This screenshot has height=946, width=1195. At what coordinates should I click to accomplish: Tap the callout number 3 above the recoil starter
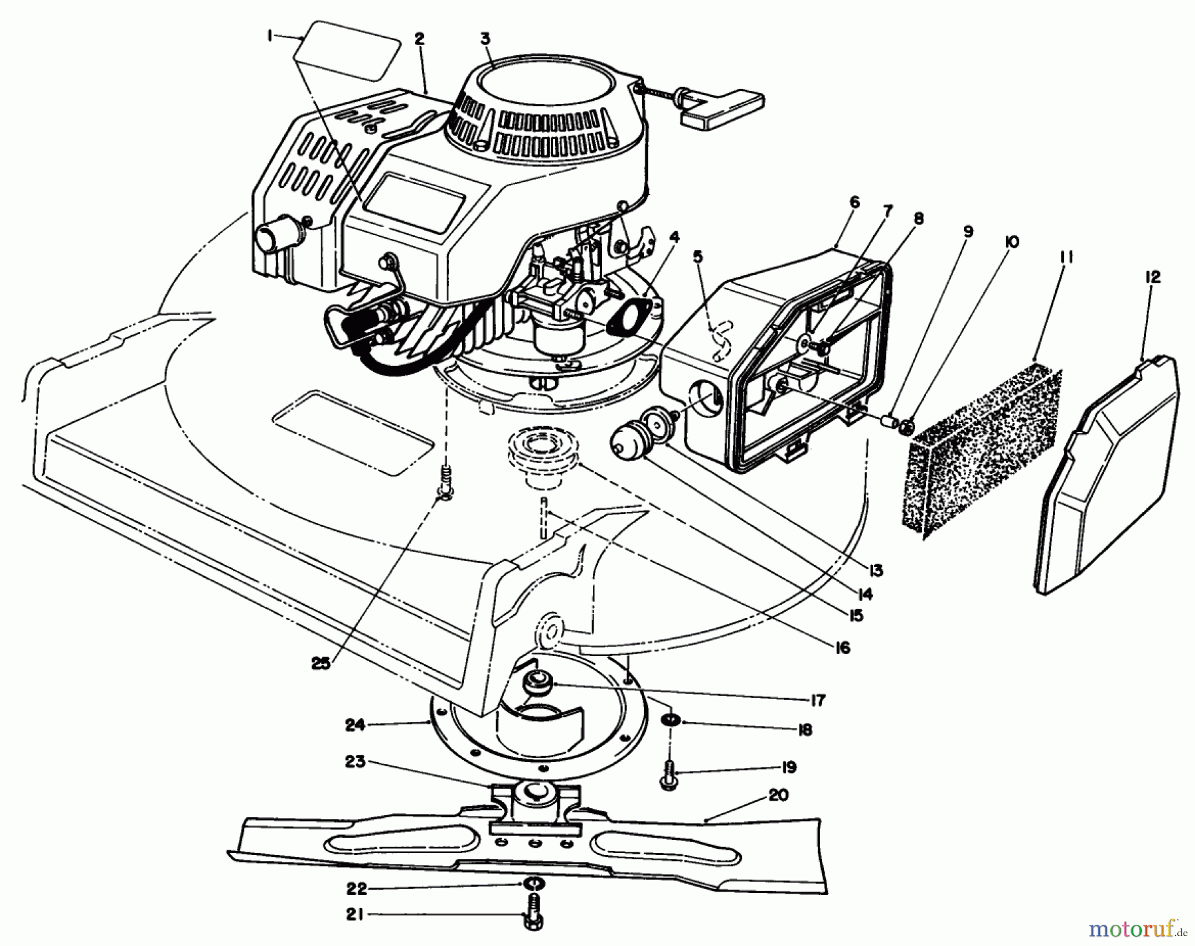485,39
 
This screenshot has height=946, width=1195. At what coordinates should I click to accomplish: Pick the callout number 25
321,664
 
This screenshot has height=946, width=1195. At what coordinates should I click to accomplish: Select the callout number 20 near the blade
778,795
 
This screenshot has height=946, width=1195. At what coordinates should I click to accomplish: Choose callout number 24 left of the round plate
355,725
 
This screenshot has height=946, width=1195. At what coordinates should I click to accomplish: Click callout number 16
842,647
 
